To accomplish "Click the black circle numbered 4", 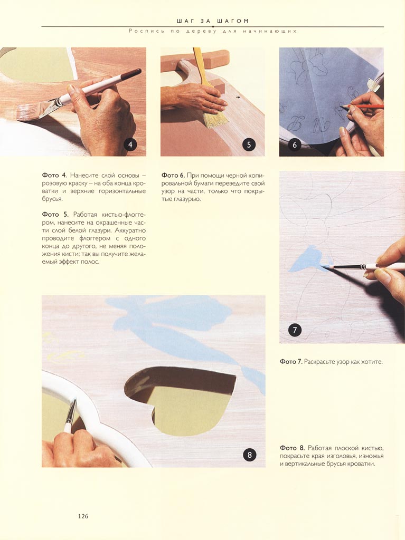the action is tap(130, 144).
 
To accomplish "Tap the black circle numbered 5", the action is tap(249, 144).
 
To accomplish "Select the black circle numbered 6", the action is tap(295, 144).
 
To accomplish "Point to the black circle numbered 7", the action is tap(295, 330).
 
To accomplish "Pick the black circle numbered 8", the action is tap(250, 455).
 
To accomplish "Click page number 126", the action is tap(83, 516).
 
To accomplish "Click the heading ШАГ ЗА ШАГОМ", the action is tap(212, 21).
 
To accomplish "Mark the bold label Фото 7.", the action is tap(291, 362).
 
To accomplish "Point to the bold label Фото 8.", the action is tap(292, 448).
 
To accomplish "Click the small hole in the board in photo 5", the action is tap(238, 98).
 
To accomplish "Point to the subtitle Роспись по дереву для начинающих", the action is tap(213, 31).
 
